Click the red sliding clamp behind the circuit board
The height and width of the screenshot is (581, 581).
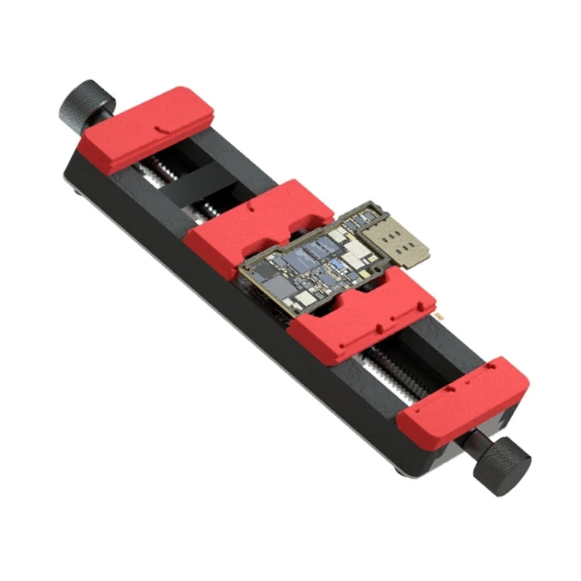pos(256,221)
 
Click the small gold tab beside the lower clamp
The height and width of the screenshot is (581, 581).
pos(439,317)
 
